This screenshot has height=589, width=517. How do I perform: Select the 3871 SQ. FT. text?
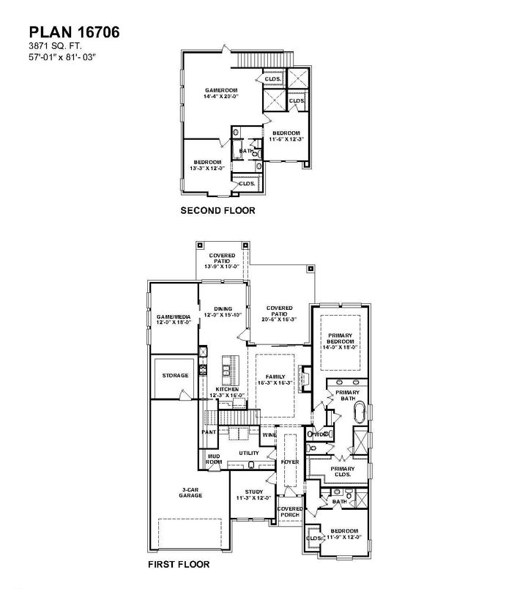click(52, 45)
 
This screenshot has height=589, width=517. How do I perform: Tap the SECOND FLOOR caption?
click(217, 210)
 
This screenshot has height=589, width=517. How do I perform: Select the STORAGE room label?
click(175, 375)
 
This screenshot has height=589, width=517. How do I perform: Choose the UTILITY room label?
click(249, 453)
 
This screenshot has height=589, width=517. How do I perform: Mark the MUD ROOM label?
click(213, 459)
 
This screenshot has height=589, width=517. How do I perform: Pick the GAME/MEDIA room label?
click(174, 319)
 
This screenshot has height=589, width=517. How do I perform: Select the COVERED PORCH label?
click(290, 512)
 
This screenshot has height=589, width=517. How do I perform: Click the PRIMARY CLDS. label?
click(342, 471)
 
